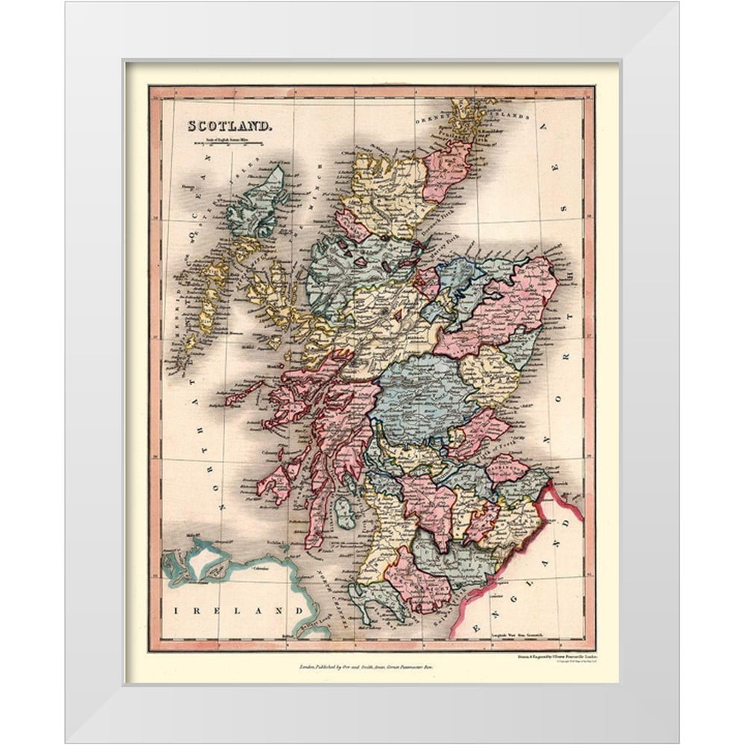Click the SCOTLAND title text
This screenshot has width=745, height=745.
[229, 126]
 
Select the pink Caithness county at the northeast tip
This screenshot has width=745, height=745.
[447, 170]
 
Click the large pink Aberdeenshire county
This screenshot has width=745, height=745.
[507, 305]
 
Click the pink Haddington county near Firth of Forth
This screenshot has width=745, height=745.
[507, 469]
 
